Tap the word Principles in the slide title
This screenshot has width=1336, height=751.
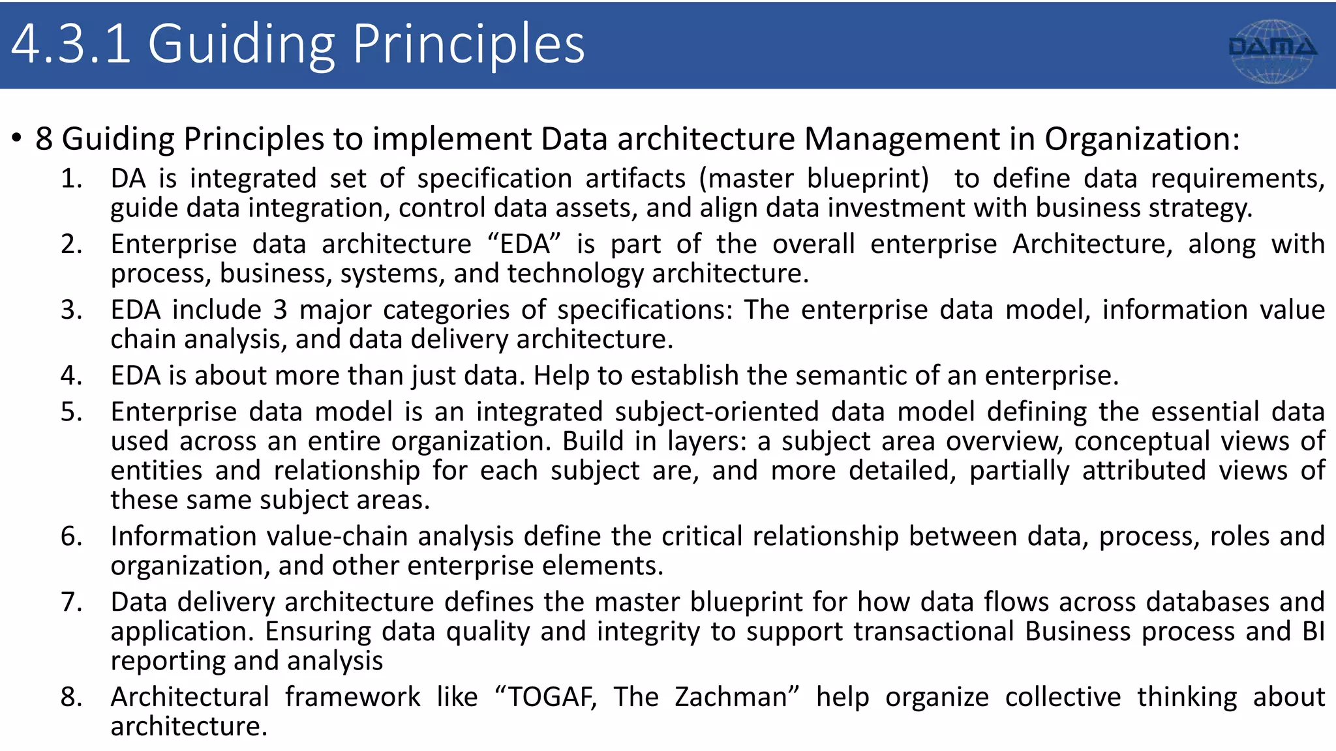[468, 44]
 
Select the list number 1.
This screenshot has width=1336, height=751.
[72, 179]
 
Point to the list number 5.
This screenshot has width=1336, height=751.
[72, 412]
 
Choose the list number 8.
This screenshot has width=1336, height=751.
[72, 697]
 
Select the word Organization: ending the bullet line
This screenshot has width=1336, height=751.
[1142, 139]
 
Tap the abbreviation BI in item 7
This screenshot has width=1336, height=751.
[1313, 631]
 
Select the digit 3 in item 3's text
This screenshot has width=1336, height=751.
[280, 310]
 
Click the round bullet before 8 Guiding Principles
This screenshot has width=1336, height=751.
[17, 139]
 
